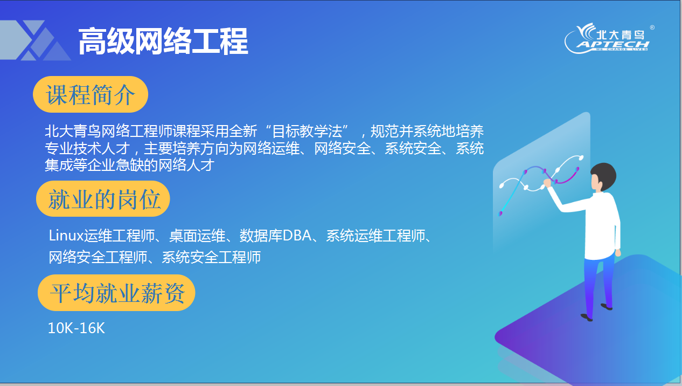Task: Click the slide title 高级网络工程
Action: click(163, 42)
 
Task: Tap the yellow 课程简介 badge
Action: click(91, 94)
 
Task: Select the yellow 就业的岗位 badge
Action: click(103, 199)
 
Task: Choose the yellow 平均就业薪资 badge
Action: click(116, 293)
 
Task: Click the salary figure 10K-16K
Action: click(76, 328)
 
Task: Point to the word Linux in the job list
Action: click(66, 236)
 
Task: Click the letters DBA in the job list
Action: click(297, 236)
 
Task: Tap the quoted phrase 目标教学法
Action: click(307, 132)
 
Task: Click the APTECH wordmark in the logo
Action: click(613, 45)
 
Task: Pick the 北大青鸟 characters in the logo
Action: click(620, 35)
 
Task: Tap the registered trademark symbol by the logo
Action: click(652, 27)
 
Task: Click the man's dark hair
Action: click(605, 176)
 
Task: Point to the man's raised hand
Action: click(547, 183)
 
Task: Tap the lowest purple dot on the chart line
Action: click(500, 213)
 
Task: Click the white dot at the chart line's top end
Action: click(581, 158)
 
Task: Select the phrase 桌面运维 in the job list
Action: click(197, 236)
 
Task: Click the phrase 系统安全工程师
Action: click(211, 257)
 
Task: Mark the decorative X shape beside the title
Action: click(36, 40)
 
